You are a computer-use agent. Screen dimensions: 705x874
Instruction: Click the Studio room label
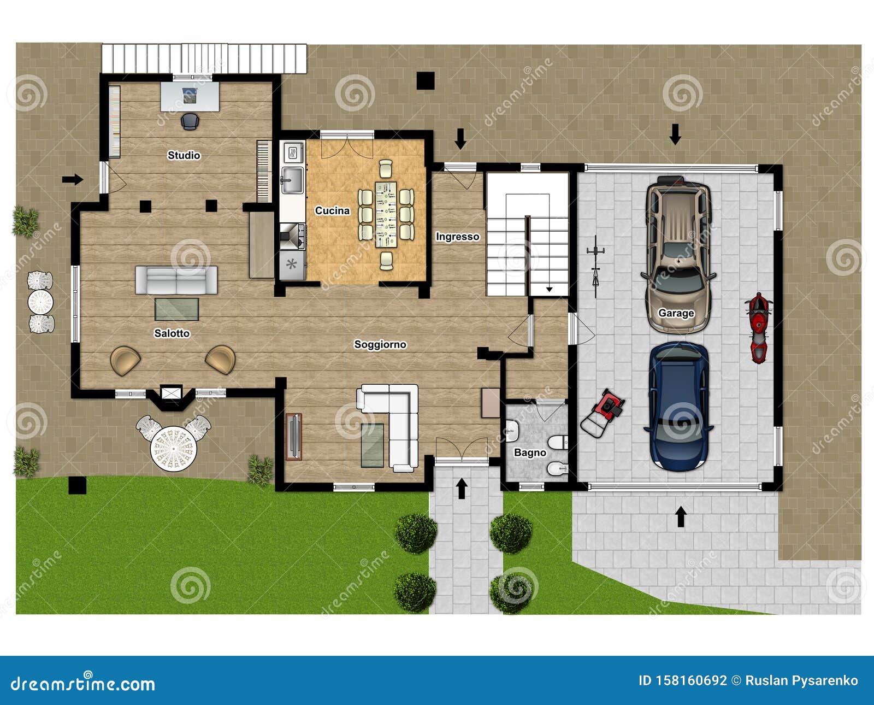click(184, 155)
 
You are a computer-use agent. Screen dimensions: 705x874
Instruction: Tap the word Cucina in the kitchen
click(332, 210)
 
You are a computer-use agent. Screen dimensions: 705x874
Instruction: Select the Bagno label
click(530, 453)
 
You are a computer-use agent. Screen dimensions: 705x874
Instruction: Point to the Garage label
click(676, 313)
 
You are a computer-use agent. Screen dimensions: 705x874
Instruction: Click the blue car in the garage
click(678, 407)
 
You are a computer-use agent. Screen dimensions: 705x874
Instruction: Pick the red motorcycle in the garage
click(758, 327)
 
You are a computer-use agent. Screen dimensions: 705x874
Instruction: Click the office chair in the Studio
click(189, 121)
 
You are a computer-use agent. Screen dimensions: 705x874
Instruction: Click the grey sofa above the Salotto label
click(176, 280)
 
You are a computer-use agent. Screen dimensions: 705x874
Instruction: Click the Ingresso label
click(457, 237)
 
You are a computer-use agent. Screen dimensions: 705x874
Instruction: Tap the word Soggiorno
click(380, 344)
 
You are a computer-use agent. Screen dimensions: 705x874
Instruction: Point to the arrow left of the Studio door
click(72, 179)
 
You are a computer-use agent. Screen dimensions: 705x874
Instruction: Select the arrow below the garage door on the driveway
click(681, 516)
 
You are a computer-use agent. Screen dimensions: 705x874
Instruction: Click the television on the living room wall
click(294, 437)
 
